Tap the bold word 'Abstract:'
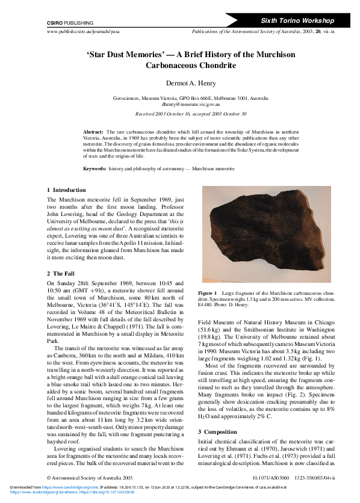[93, 131]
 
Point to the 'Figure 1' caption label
[209, 292]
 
